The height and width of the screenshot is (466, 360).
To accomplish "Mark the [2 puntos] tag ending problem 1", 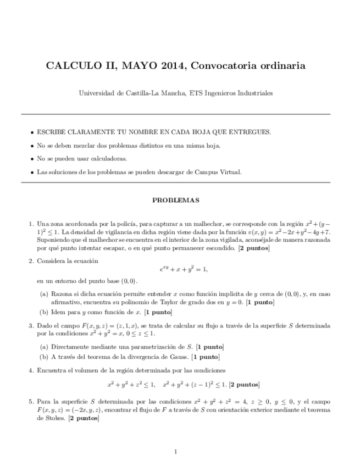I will [253, 248].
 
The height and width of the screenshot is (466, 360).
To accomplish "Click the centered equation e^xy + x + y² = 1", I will [180, 269].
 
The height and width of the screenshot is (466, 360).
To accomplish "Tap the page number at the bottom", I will [175, 452].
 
